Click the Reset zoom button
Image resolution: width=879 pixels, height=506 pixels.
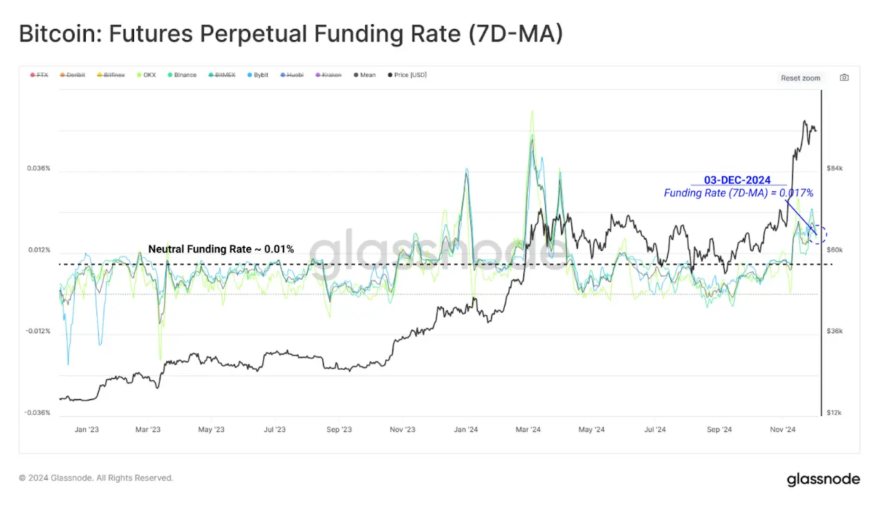point(800,78)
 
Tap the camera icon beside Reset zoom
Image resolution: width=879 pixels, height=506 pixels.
point(844,78)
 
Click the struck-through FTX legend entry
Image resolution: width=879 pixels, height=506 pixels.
point(39,75)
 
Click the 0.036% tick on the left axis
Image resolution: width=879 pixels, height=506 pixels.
point(39,169)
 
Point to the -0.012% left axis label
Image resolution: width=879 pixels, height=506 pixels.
point(38,331)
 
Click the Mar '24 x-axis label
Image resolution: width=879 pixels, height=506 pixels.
point(528,429)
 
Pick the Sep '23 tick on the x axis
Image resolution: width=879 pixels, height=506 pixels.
point(338,429)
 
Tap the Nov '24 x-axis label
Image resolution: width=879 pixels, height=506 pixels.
point(783,429)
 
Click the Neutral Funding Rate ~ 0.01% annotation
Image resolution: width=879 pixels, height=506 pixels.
point(221,249)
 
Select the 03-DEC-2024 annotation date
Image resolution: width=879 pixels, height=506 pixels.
point(737,180)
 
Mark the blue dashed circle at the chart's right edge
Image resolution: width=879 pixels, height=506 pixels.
point(817,235)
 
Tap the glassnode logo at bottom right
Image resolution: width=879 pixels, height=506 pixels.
point(823,479)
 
